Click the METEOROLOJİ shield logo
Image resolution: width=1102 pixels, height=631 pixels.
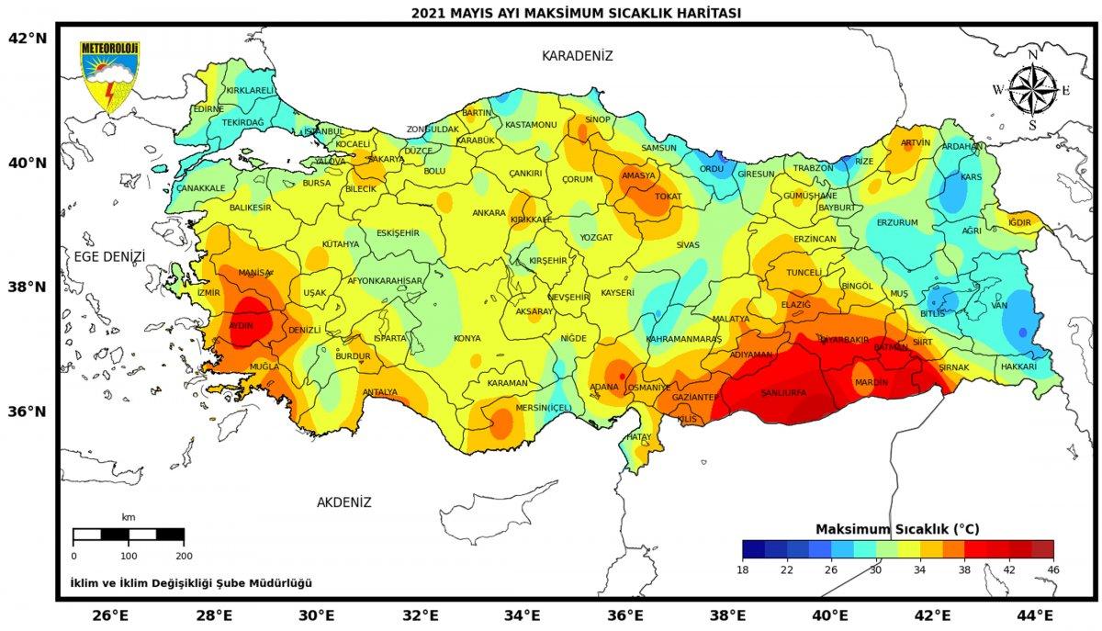point(109,76)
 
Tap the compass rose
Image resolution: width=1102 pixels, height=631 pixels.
point(1032,90)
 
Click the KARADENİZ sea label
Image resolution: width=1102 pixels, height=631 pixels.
point(577,56)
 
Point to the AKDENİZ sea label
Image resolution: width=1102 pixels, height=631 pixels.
point(343,502)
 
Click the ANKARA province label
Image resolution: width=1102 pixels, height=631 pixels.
point(489,213)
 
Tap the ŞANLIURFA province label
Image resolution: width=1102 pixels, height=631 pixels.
point(783,393)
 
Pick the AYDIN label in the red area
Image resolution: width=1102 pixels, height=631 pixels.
point(241,325)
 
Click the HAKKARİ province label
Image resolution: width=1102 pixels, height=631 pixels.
point(1018,366)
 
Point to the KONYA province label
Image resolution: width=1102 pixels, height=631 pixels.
point(467,337)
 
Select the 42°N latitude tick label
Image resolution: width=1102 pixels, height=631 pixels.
point(27,38)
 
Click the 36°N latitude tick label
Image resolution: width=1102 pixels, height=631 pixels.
point(27,411)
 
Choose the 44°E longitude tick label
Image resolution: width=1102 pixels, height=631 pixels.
point(1034,614)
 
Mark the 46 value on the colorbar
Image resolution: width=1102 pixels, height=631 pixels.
point(1052,569)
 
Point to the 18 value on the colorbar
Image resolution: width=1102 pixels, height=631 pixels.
point(742,569)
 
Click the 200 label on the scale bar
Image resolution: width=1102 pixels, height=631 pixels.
point(184,556)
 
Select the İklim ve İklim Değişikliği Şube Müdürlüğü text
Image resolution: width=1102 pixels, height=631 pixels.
point(191,583)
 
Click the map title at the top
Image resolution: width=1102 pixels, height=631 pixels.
point(576,13)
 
